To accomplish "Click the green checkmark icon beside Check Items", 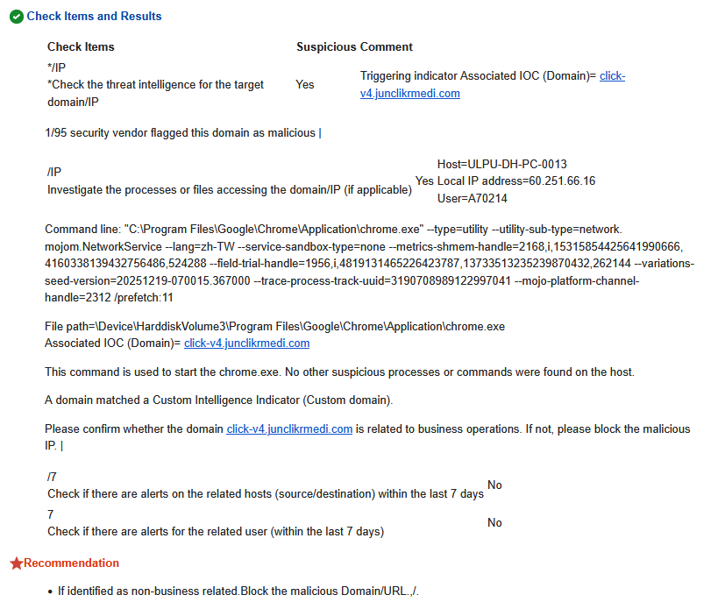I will [x=16, y=17].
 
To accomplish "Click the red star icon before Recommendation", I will [x=16, y=563].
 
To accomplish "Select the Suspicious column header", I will [x=326, y=47].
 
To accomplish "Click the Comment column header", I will [x=387, y=47].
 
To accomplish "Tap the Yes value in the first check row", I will [x=305, y=85].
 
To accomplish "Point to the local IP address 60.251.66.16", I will [x=560, y=181].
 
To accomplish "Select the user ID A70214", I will [x=489, y=199].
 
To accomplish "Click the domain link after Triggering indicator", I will [x=409, y=94].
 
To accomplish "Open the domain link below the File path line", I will [x=246, y=343].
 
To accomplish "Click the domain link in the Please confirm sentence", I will [x=289, y=429].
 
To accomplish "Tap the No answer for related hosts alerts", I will [x=494, y=485].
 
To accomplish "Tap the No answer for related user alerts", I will [x=494, y=523].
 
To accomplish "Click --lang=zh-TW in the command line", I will [x=180, y=247].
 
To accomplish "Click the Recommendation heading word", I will [x=71, y=563].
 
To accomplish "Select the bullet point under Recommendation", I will [x=51, y=592].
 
